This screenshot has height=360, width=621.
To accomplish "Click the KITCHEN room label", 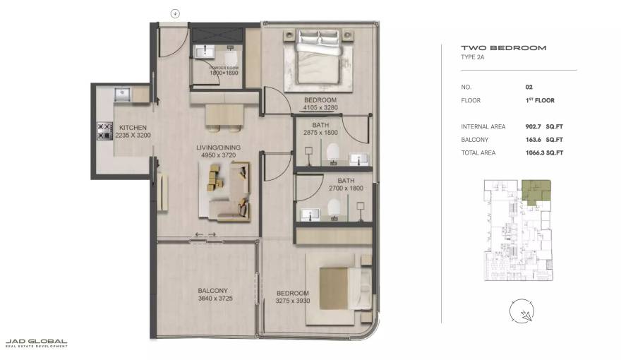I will pyautogui.click(x=133, y=128).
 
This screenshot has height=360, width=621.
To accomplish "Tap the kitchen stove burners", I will pyautogui.click(x=104, y=130).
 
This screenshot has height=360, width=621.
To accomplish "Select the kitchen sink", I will pyautogui.click(x=122, y=92).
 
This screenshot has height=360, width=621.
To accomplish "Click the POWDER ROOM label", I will pyautogui.click(x=224, y=68).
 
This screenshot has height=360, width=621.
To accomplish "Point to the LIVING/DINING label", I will pyautogui.click(x=218, y=148).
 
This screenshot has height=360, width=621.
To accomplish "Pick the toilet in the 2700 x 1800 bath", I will pyautogui.click(x=334, y=207).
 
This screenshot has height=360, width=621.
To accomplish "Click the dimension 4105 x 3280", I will pyautogui.click(x=320, y=108).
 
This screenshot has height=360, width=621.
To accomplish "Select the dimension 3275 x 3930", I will pyautogui.click(x=292, y=301).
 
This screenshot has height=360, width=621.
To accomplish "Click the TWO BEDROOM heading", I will pyautogui.click(x=503, y=48).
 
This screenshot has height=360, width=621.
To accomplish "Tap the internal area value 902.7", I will pyautogui.click(x=533, y=127).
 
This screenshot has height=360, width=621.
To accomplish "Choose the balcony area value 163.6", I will pyautogui.click(x=533, y=140).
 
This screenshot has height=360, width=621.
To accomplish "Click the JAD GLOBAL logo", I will pyautogui.click(x=36, y=343).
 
